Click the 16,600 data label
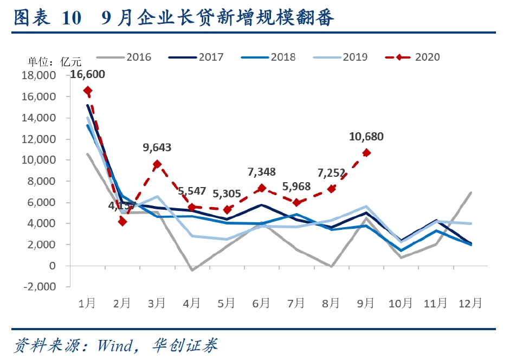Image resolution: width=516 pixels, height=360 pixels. click(x=88, y=75)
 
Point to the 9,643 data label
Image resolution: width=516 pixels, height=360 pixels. click(x=158, y=147)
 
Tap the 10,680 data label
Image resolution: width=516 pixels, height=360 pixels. click(x=366, y=137)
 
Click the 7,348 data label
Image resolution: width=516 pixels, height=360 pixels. click(x=262, y=172)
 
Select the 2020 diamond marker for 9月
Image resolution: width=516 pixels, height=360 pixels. click(x=367, y=153)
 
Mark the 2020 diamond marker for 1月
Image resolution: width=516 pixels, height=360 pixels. click(x=87, y=91)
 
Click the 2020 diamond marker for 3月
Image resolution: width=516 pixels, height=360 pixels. click(x=157, y=164)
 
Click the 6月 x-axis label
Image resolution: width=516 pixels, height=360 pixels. click(x=262, y=303)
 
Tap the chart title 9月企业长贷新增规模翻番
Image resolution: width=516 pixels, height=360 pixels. click(x=217, y=18)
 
